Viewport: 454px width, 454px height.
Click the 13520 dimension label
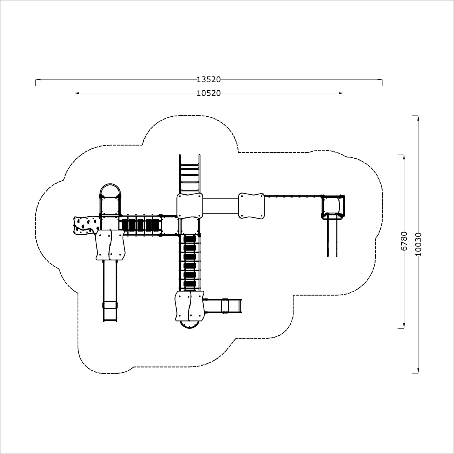click(x=209, y=80)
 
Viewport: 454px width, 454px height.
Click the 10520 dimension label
click(x=209, y=93)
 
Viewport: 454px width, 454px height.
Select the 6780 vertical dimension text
click(x=404, y=241)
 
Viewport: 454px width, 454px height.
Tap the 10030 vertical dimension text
click(x=418, y=244)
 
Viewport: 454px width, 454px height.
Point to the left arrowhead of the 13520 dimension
click(x=38, y=80)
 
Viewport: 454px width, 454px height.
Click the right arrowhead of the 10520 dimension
click(x=341, y=93)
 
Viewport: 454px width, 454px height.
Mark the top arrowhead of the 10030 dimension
click(x=418, y=118)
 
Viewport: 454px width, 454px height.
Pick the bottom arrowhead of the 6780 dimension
click(x=404, y=326)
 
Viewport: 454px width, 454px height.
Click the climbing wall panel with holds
click(x=85, y=225)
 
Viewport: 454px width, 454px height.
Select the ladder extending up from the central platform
click(x=190, y=174)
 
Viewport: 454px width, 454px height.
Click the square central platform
click(x=190, y=206)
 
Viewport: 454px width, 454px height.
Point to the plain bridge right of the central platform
click(x=220, y=206)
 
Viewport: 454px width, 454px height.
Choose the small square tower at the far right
click(x=333, y=206)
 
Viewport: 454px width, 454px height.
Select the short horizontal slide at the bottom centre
click(x=222, y=306)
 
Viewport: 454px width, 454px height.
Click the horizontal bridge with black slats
click(x=141, y=225)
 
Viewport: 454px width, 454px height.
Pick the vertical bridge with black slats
click(x=190, y=262)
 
